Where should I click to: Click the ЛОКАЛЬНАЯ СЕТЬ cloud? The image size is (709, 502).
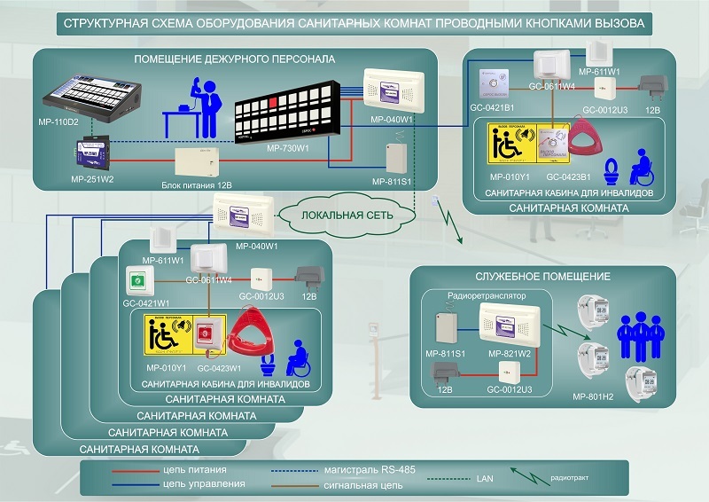click(347, 215)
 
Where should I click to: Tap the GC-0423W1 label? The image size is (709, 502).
click(214, 366)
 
